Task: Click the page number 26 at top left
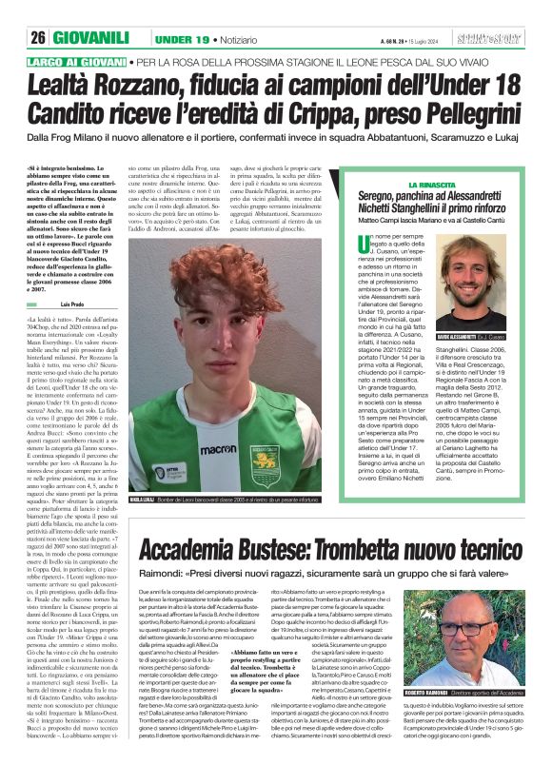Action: (37, 11)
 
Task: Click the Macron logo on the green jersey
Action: (218, 449)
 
